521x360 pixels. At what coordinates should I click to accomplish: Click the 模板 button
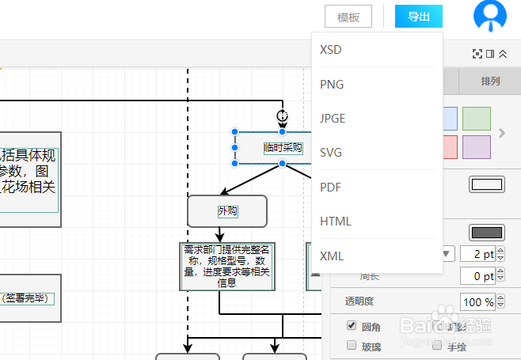tap(348, 17)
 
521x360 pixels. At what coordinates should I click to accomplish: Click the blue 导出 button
tap(418, 17)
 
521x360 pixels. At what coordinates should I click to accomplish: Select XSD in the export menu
tap(331, 50)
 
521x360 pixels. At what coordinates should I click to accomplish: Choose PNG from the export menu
tap(332, 85)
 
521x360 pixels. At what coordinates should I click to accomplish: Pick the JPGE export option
tap(333, 119)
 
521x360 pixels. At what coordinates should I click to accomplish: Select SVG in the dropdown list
tap(331, 153)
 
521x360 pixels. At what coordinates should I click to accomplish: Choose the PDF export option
tap(330, 188)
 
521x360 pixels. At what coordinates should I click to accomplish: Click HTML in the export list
tap(335, 222)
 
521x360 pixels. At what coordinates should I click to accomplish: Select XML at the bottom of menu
tap(332, 256)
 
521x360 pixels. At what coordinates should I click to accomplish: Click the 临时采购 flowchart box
tap(282, 147)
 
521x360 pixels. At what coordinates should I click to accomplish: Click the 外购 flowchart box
tap(227, 211)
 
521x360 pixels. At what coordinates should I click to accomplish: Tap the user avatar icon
tap(489, 16)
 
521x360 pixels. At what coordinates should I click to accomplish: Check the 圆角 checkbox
tap(352, 326)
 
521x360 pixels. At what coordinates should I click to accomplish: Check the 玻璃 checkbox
tap(352, 345)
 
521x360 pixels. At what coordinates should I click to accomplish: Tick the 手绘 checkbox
tap(437, 345)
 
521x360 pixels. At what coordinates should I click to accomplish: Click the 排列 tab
tap(489, 81)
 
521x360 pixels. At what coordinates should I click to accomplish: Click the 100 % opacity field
tap(477, 302)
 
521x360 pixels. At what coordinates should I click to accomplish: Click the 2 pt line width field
tap(477, 254)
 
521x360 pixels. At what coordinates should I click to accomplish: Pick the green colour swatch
tap(477, 118)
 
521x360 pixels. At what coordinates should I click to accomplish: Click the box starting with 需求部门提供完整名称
tap(227, 266)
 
